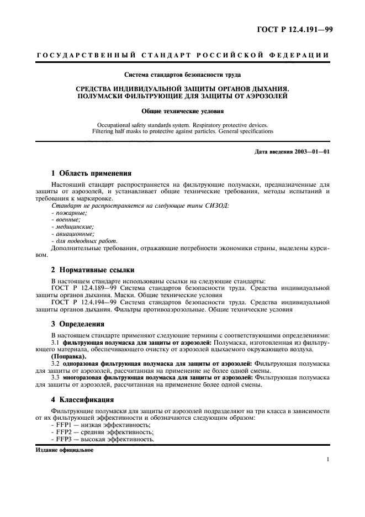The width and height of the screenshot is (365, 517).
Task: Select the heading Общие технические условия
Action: point(182,110)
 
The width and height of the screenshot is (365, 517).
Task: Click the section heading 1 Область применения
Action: point(91,173)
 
